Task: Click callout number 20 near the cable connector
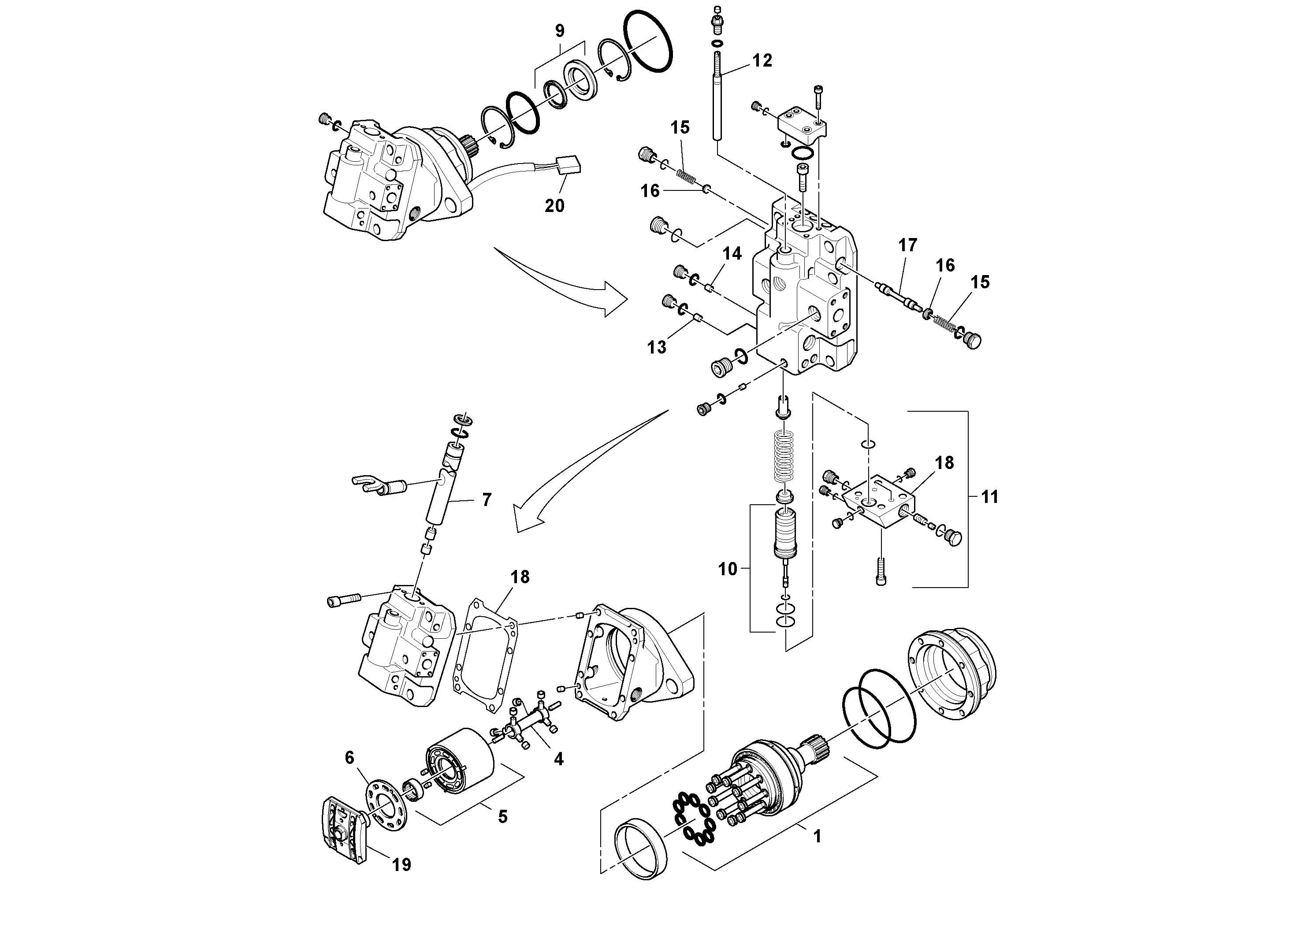point(554,205)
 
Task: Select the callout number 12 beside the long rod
point(762,60)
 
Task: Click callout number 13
point(657,347)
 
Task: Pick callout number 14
point(732,254)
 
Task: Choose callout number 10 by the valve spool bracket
point(728,569)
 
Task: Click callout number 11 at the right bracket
point(990,497)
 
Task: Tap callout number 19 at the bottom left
point(402,865)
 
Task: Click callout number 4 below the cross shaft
point(558,759)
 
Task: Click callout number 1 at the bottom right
point(817,837)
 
